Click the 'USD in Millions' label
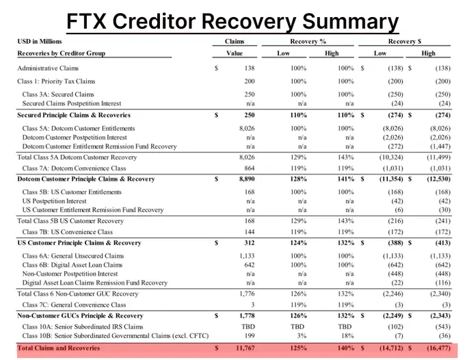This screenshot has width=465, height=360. point(40,42)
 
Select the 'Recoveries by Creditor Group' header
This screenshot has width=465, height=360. point(61,53)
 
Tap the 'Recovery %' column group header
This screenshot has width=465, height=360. point(308,42)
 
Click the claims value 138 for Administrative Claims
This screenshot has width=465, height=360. point(250,68)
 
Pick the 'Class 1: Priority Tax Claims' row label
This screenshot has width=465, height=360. point(56,81)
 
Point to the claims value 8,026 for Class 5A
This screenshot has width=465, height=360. point(247,129)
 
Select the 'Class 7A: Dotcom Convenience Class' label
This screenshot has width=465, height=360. point(74,168)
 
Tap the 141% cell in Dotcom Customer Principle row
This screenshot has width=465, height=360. point(345,179)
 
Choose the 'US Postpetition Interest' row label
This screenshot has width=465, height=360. point(54,201)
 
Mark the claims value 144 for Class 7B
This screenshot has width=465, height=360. point(250,232)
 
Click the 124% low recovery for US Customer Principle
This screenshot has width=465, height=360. point(298,243)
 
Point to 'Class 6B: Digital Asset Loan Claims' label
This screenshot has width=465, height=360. point(72,265)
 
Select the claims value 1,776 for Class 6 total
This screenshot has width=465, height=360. point(247,294)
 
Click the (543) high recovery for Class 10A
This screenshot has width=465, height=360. point(442,326)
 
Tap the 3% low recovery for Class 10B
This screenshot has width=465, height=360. point(302,335)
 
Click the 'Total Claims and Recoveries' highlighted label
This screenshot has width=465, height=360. point(58,348)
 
